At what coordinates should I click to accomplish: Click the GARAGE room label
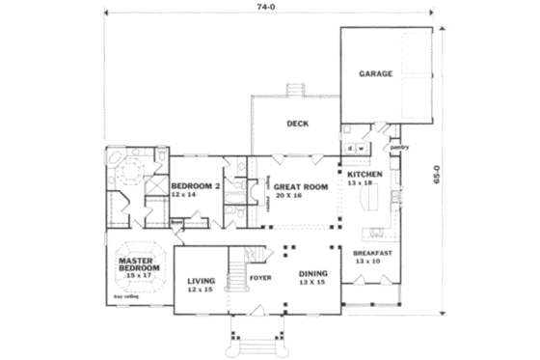[x=376, y=73]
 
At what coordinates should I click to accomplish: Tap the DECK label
[x=297, y=124]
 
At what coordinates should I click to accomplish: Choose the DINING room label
[x=312, y=273]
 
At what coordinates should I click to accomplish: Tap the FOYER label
[x=261, y=278]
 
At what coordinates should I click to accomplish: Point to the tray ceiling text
[x=125, y=295]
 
